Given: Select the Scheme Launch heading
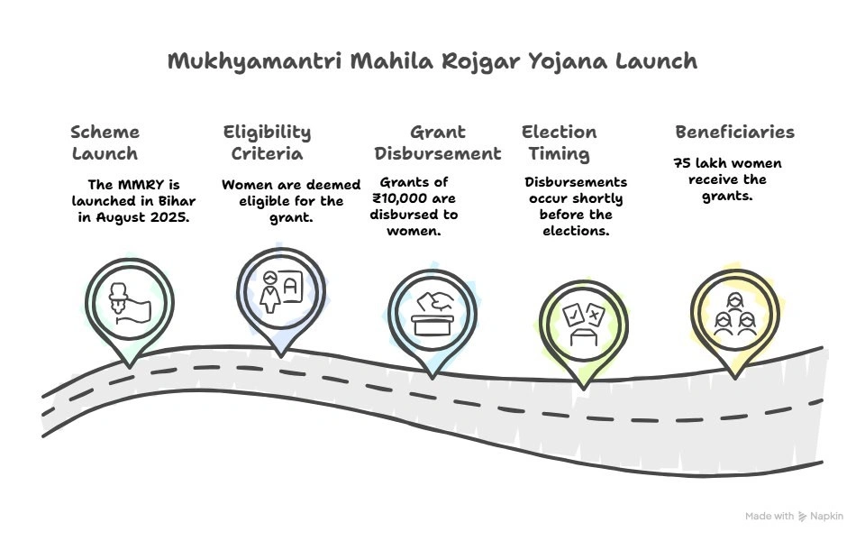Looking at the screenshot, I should point(105,142).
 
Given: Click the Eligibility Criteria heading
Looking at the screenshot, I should point(267,142).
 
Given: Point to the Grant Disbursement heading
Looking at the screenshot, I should point(438,142).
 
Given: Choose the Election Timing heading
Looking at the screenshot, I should point(559,142).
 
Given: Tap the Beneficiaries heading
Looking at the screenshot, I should point(734,133).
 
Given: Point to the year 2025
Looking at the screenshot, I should point(170,217).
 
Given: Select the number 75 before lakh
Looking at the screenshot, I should point(682,163).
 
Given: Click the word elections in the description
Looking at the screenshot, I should point(575,231).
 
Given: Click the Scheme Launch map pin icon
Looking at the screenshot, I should point(129,303).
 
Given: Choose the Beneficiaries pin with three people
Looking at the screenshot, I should point(733,312).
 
